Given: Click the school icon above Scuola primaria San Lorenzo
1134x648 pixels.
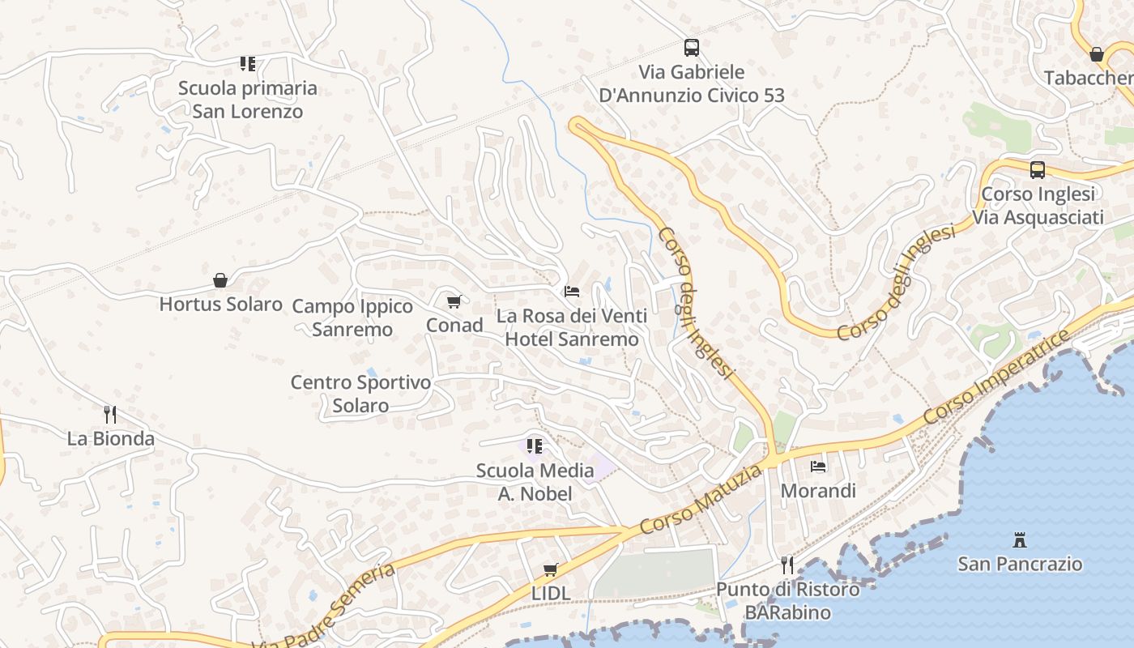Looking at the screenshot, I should click(x=248, y=63).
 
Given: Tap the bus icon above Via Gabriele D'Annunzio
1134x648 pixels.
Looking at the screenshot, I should click(x=691, y=48).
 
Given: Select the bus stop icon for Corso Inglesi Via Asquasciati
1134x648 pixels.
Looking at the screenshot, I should click(x=1038, y=170).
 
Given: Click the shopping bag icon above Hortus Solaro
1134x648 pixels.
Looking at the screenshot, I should click(x=220, y=280).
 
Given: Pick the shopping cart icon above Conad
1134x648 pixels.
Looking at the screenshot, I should click(x=454, y=301).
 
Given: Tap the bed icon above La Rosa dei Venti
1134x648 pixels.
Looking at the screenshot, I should click(x=572, y=292).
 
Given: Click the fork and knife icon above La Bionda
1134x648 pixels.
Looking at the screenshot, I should click(x=110, y=415).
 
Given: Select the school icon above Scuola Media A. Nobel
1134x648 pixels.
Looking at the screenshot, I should click(x=534, y=446).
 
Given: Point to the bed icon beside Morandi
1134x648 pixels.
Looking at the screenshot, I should click(x=818, y=467).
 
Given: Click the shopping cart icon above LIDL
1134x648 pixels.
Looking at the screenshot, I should click(x=551, y=569).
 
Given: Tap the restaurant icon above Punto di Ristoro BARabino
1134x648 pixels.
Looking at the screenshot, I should click(x=787, y=565).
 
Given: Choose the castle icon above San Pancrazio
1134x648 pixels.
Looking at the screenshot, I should click(x=1020, y=539).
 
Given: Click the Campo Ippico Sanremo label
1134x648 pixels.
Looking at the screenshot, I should click(x=352, y=318).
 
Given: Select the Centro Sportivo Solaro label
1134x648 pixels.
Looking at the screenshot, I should click(x=360, y=394).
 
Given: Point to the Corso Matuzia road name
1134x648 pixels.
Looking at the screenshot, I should click(x=701, y=499).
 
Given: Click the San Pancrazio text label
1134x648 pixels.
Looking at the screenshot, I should click(x=1020, y=564).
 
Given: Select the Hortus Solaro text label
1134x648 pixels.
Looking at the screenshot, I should click(x=220, y=305).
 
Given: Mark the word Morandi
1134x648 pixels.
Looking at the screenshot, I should click(x=818, y=491).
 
